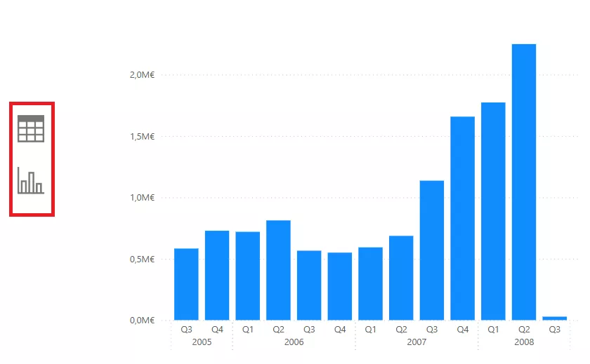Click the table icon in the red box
[x=31, y=129]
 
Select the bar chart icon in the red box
[x=31, y=180]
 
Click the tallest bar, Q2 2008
[x=524, y=182]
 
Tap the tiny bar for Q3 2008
[x=555, y=318]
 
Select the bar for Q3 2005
[x=186, y=284]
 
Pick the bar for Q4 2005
[x=217, y=275]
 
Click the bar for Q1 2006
[x=247, y=276]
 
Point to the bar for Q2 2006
[x=278, y=270]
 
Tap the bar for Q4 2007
[x=462, y=218]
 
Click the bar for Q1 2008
[x=493, y=211]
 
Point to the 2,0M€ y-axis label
[x=141, y=75]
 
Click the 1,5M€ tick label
[x=141, y=136]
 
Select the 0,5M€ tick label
[x=141, y=259]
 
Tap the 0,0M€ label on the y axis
[x=141, y=321]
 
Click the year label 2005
[x=202, y=342]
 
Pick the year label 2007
[x=417, y=342]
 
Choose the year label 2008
[x=524, y=342]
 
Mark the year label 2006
[x=294, y=342]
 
